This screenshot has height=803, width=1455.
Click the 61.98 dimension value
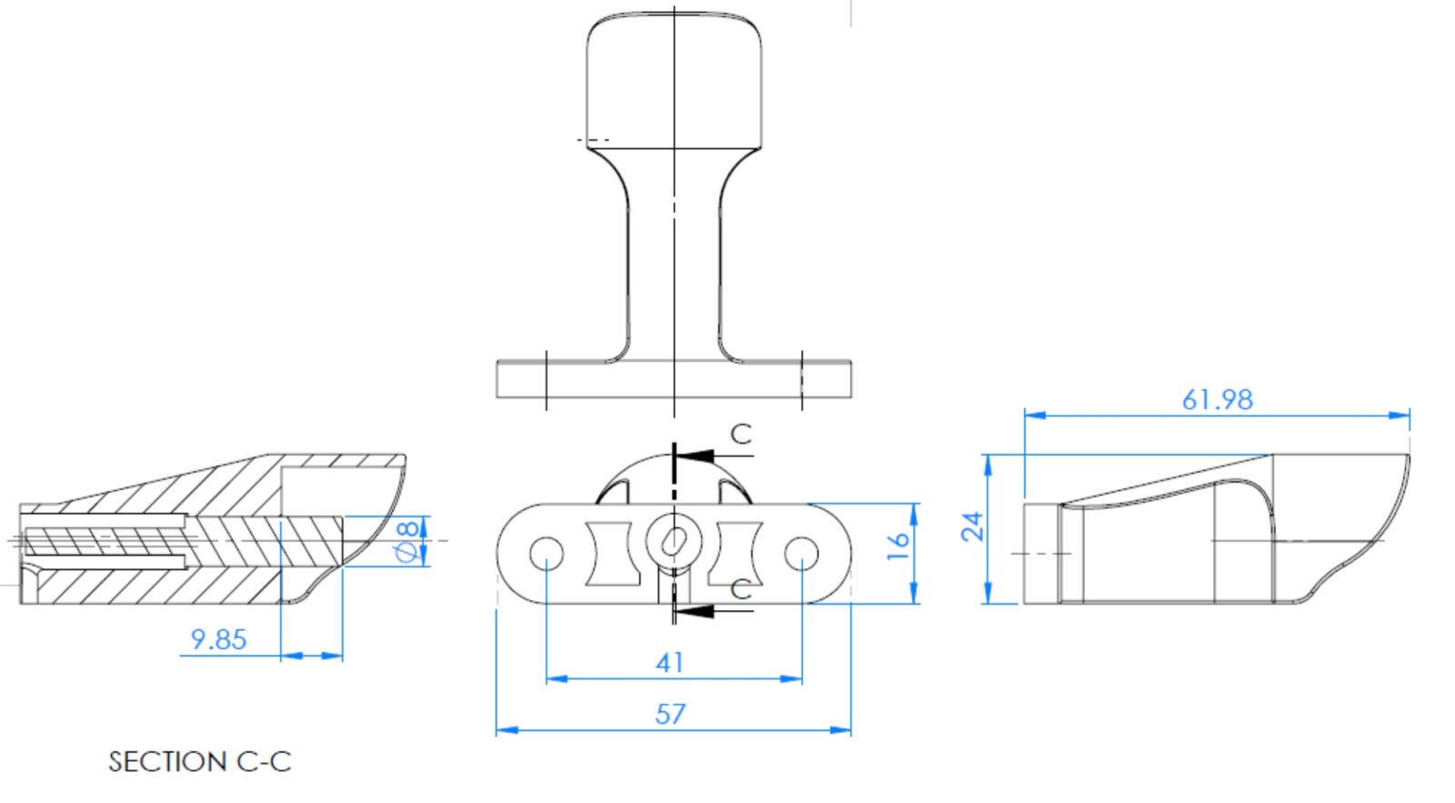coord(1217,399)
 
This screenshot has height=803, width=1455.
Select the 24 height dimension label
coord(972,526)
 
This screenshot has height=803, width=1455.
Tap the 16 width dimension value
coord(898,544)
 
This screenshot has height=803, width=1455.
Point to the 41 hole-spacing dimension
coord(669,662)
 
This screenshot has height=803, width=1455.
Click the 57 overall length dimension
coord(669,714)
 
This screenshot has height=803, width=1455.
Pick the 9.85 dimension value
coord(218,639)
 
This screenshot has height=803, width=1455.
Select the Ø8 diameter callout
coord(408,540)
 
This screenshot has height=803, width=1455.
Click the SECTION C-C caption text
coord(200,761)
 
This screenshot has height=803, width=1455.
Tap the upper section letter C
coord(741,435)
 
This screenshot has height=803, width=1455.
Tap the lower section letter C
coord(741,589)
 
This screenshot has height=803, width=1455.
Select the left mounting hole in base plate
coord(546,553)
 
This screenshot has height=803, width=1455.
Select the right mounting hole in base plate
coord(801,553)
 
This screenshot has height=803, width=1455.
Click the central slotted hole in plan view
coord(674,541)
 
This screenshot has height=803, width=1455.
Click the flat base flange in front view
coord(674,379)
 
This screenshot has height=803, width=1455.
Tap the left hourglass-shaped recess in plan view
coord(607,553)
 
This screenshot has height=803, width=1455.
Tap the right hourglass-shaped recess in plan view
coord(739,553)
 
